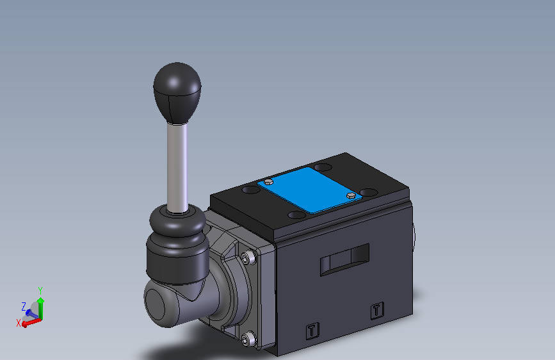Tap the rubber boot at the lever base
175,243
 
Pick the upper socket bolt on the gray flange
246,258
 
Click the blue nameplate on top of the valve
309,190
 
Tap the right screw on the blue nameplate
350,195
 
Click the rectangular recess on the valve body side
344,259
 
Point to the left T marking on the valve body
311,331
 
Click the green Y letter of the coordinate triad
40,290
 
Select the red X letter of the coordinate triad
18,323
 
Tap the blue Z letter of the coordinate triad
24,306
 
